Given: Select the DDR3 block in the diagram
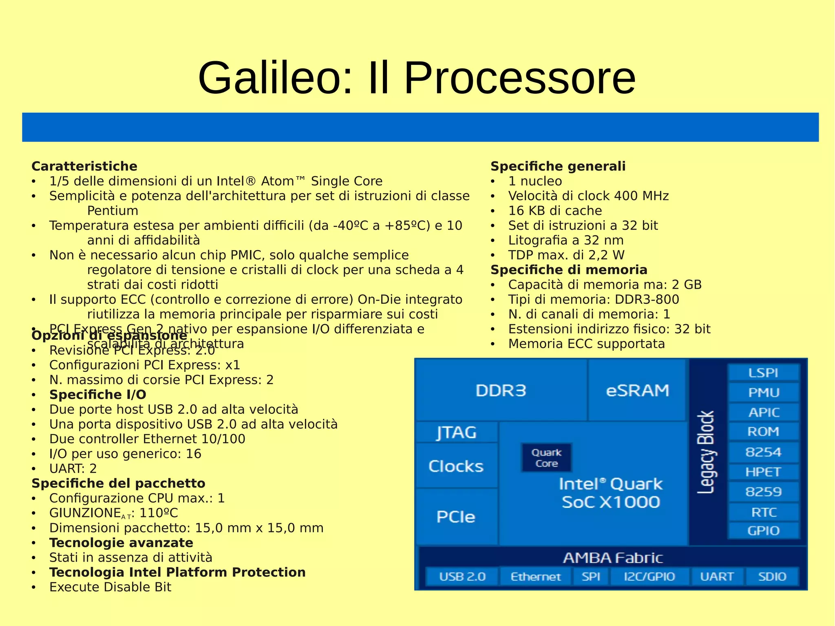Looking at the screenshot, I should click(x=501, y=390).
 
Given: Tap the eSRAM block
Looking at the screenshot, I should click(x=637, y=390).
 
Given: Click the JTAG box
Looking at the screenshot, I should click(x=457, y=432).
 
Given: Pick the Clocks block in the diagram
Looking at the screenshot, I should click(x=456, y=466).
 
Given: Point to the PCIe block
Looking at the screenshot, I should click(x=456, y=517).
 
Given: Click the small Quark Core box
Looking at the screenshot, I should click(x=546, y=458).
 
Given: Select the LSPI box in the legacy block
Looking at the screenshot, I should click(x=763, y=372).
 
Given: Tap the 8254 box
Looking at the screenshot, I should click(x=763, y=452).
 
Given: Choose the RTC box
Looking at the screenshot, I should click(x=763, y=512).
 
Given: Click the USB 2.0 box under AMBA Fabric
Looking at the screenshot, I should click(x=462, y=576).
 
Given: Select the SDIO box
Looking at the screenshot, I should click(x=772, y=576).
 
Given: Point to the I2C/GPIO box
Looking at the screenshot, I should click(x=649, y=576).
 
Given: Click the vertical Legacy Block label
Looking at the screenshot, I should click(x=706, y=452).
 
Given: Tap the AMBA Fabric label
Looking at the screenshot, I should click(x=613, y=557).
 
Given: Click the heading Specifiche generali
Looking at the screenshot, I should click(x=558, y=166).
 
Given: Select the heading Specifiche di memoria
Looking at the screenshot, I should click(x=569, y=270).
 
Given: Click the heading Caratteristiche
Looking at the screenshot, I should click(x=84, y=166).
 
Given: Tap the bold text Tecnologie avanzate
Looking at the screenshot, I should click(x=121, y=543).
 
